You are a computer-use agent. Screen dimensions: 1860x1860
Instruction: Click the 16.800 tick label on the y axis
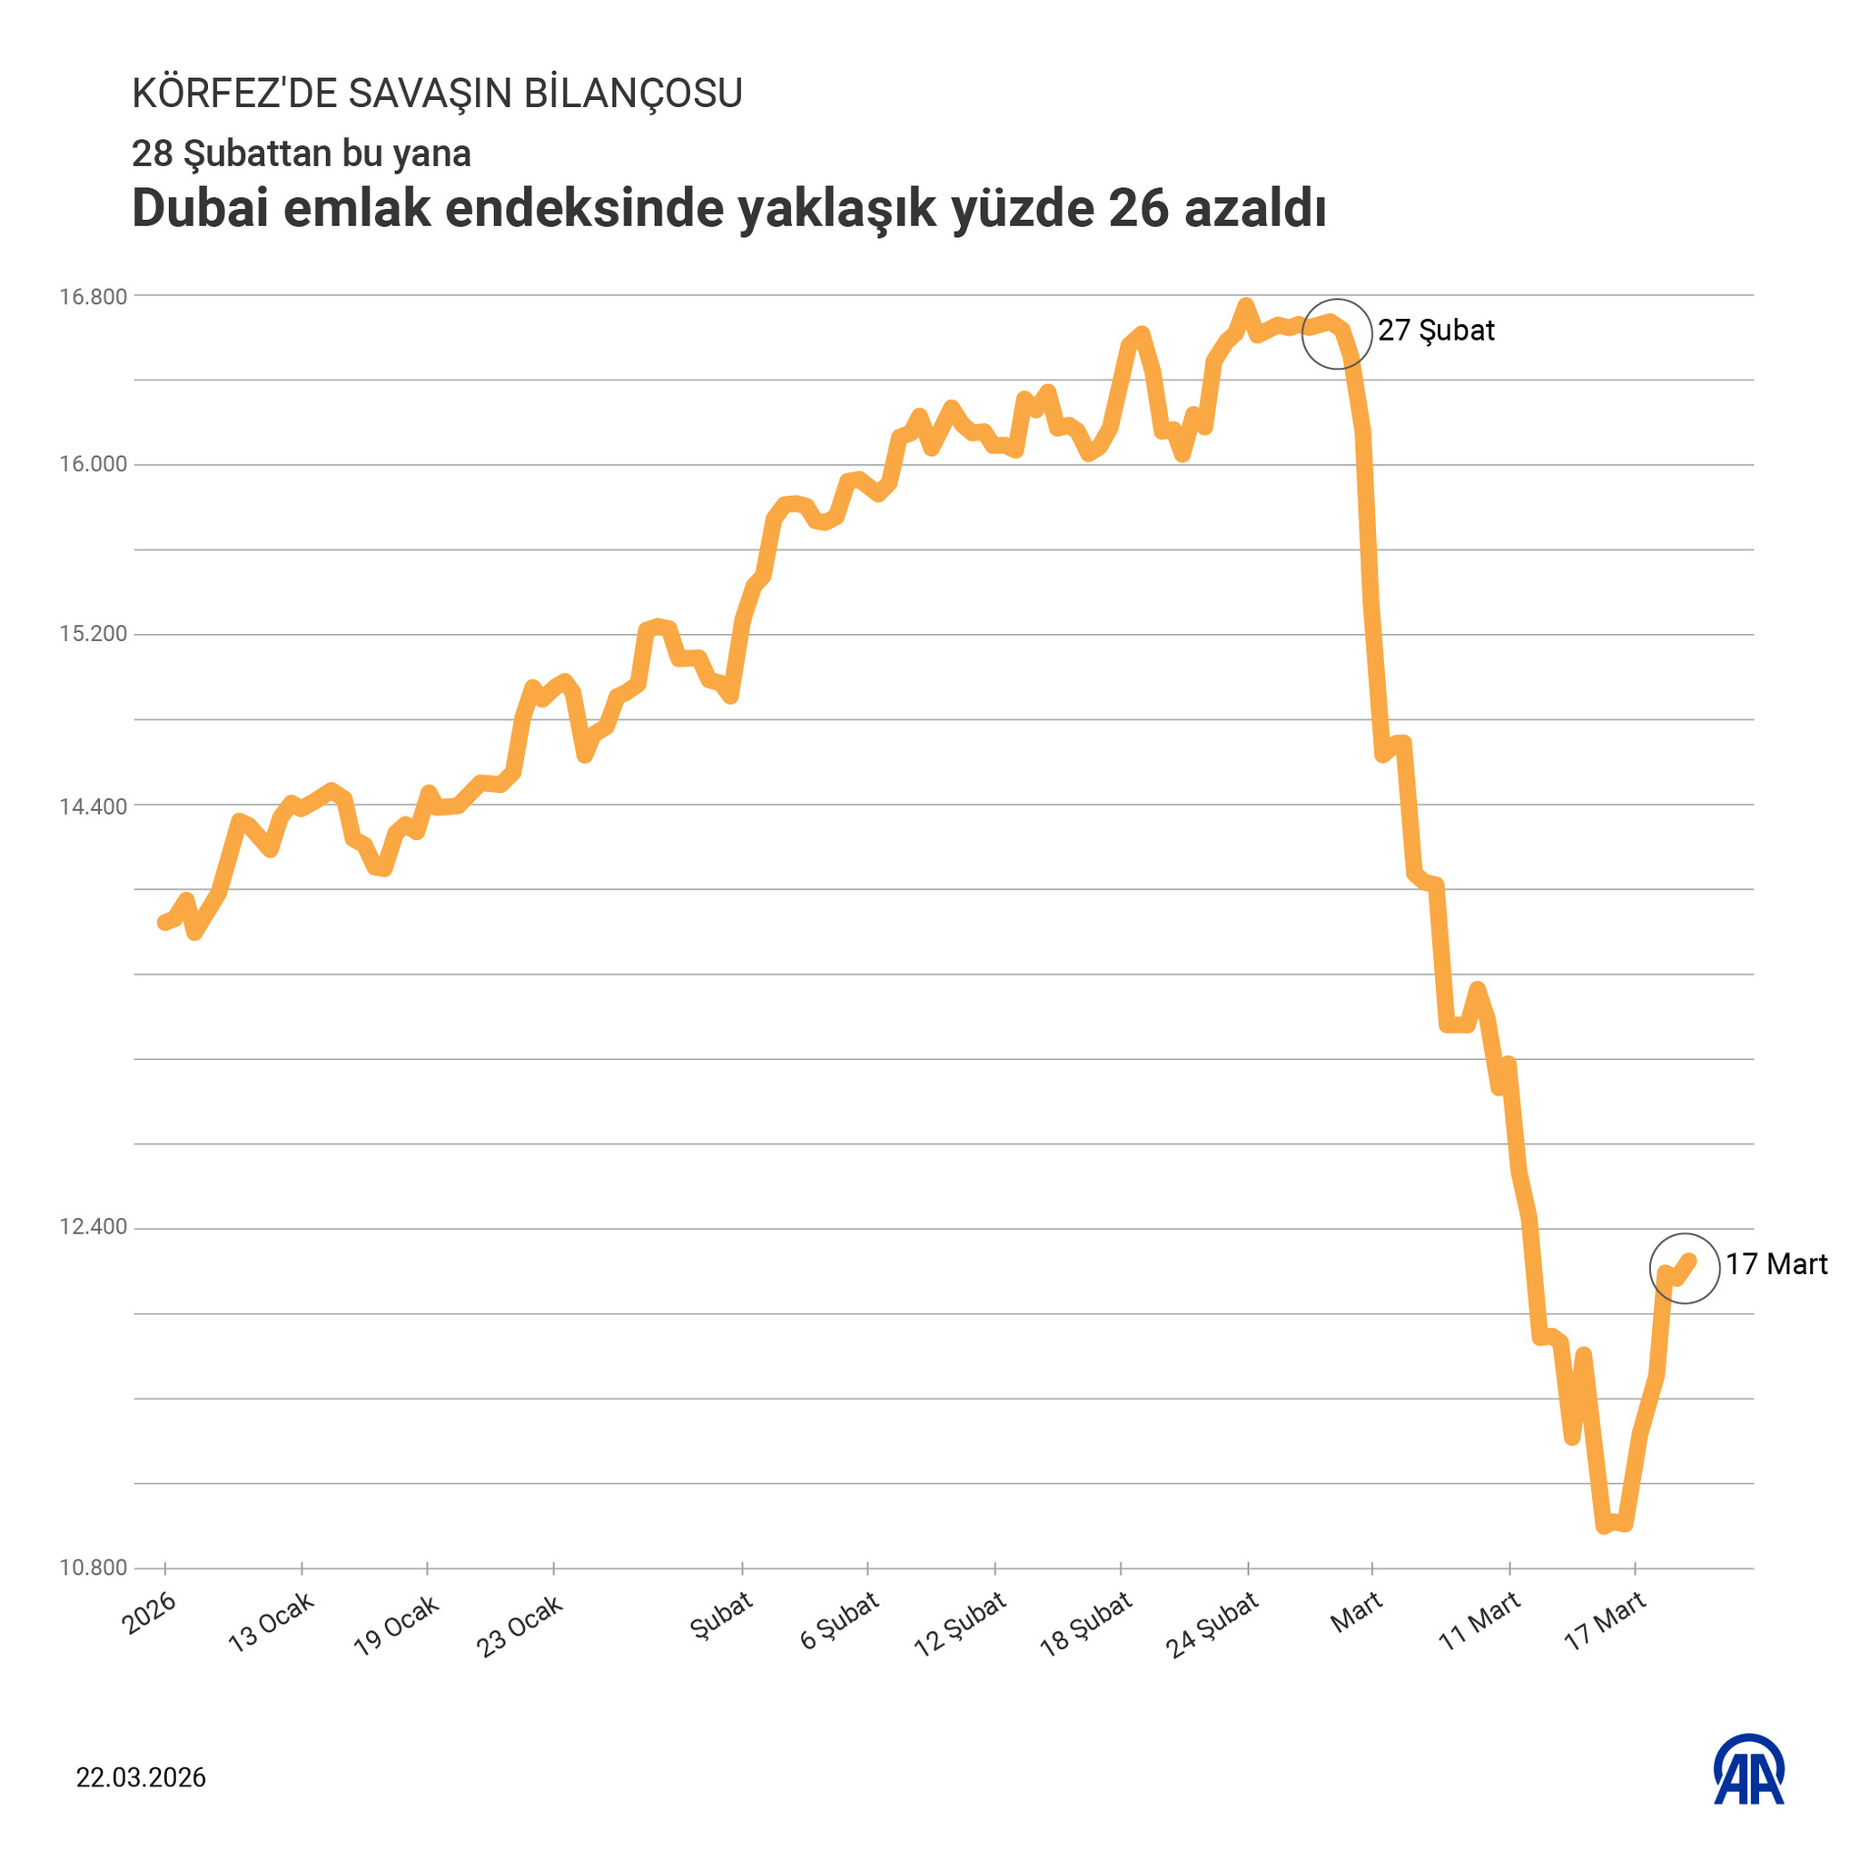94,296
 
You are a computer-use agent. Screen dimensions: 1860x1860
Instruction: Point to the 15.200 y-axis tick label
94,635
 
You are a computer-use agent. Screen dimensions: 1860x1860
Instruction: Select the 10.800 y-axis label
94,1568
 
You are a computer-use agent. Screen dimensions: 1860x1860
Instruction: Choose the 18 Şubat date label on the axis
1086,1625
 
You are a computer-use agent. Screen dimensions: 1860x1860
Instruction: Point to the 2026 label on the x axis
149,1613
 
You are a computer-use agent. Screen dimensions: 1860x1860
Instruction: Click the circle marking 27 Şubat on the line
1337,333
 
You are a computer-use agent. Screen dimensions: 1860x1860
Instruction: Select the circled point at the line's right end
1685,1268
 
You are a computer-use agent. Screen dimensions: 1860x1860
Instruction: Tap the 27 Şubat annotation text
1436,331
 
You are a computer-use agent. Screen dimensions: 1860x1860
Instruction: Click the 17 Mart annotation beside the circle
1776,1264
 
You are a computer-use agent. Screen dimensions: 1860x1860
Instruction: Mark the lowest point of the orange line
1604,1527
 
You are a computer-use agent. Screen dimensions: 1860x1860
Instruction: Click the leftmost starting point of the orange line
163,924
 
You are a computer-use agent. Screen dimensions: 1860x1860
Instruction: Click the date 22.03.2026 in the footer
142,1778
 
